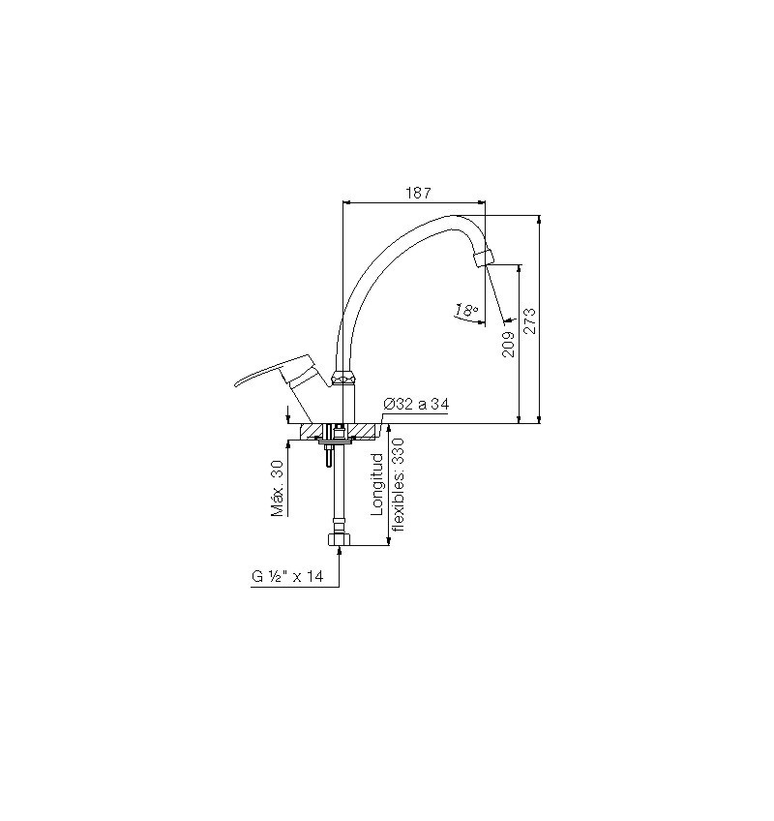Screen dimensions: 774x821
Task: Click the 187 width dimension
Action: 419,194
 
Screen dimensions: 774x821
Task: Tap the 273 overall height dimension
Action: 530,321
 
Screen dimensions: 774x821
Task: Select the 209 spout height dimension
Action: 508,345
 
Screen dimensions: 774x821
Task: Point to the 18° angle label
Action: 466,311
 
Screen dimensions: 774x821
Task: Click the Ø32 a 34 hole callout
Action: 416,405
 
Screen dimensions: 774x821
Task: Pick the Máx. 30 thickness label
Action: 277,488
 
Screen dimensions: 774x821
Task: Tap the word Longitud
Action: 377,484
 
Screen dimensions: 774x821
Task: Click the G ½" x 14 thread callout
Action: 287,576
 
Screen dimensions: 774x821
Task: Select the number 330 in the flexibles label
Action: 399,450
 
